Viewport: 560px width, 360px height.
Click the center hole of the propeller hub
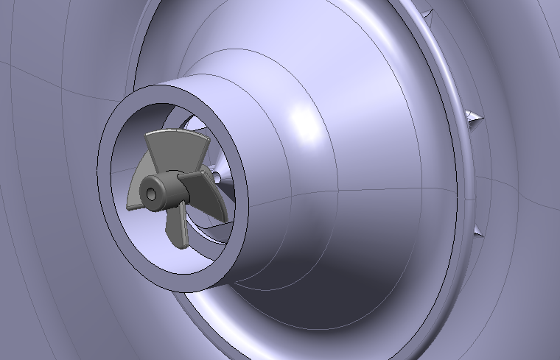(x=151, y=194)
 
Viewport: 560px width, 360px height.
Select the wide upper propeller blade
(x=175, y=152)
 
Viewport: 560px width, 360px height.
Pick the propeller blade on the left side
(x=134, y=194)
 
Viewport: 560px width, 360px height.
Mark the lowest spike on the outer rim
(x=479, y=230)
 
